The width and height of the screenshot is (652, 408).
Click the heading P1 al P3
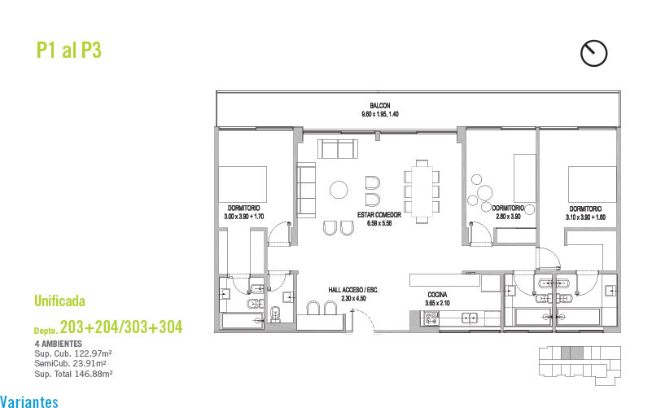coord(69,50)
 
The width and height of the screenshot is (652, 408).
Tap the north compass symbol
coord(593,53)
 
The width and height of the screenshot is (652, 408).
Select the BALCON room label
coord(380,106)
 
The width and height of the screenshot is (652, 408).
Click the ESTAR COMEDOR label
coord(379,215)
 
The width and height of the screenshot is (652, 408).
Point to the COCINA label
coord(437,295)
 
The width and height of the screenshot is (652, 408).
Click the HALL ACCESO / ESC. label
coord(353,290)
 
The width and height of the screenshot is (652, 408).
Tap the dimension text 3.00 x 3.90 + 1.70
coord(244,217)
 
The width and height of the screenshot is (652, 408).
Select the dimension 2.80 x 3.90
coord(508,217)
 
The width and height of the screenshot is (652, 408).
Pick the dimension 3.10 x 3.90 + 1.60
coord(585,217)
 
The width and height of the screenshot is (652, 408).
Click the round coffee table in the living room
coord(339,190)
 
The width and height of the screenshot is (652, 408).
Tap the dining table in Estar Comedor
coord(422,191)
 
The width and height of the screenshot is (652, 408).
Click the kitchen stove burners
coord(431,318)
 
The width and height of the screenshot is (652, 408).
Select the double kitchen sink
coord(470,319)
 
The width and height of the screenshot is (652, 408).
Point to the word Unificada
coord(59,301)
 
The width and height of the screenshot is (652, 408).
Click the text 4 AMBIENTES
coord(59,344)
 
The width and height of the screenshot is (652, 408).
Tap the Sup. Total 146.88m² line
coord(73,374)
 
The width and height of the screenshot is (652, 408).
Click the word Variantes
coord(29,401)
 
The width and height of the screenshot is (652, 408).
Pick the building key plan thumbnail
coord(580,365)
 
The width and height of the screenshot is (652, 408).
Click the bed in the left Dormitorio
coord(243,184)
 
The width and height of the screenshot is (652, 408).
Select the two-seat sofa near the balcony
coord(338,148)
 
